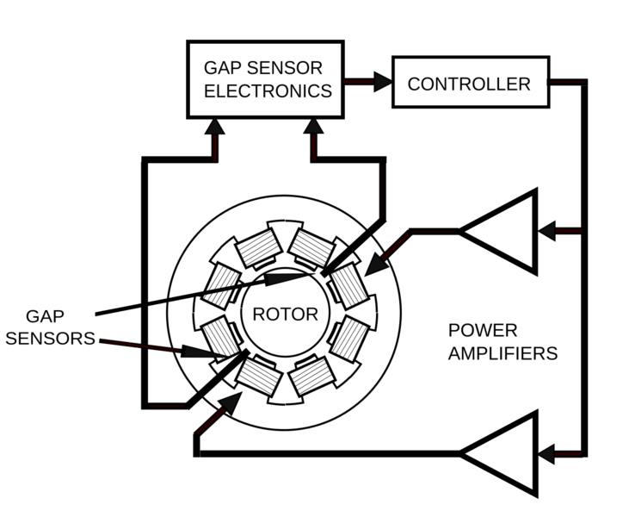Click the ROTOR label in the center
point(285,315)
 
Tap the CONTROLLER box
point(470,83)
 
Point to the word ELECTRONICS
point(268,91)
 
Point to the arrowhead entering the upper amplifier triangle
point(546,231)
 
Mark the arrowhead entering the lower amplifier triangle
point(546,454)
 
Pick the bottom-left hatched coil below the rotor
point(256,372)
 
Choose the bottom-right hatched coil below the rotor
point(311,373)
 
